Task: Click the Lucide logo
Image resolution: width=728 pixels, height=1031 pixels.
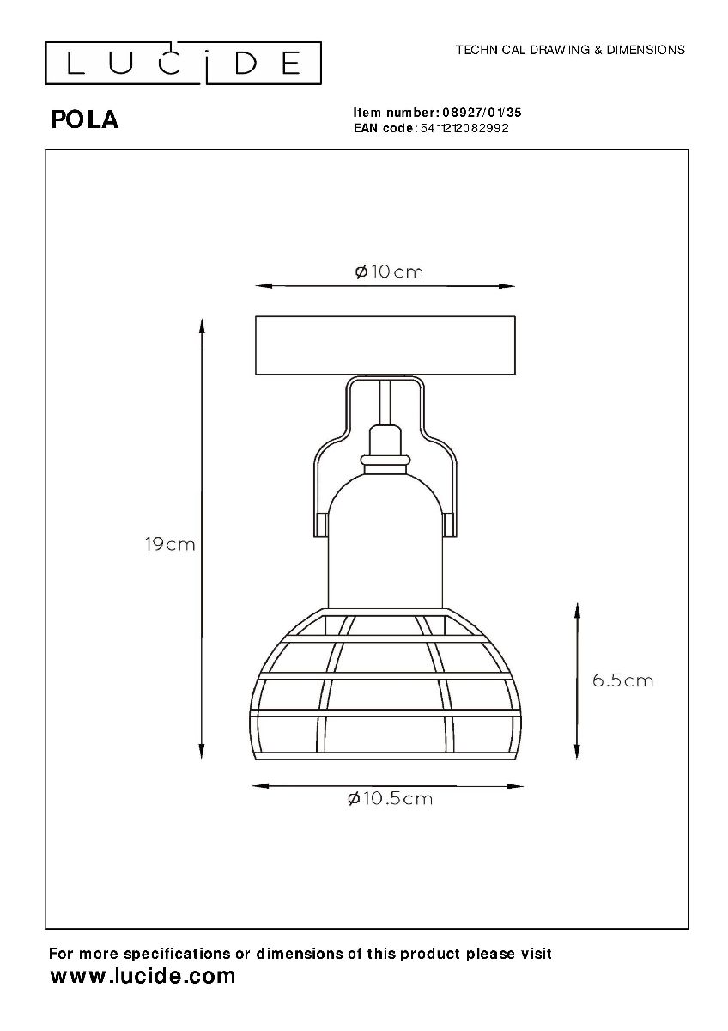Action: click(x=183, y=63)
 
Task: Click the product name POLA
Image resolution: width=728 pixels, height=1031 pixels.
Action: click(x=85, y=120)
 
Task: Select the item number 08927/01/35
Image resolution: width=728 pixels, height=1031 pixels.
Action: click(x=482, y=113)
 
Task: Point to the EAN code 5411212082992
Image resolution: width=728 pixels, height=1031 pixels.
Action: click(x=464, y=128)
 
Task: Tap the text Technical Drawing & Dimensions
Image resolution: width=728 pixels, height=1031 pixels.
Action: click(x=570, y=50)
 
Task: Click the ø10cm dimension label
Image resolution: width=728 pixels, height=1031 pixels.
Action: click(x=389, y=272)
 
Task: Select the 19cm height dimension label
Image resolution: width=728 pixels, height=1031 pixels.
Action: click(x=170, y=545)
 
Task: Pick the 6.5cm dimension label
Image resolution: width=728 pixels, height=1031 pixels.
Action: click(x=622, y=680)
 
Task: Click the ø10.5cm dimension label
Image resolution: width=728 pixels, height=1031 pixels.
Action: click(x=390, y=798)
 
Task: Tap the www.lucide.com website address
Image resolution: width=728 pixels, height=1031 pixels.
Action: click(x=143, y=976)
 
